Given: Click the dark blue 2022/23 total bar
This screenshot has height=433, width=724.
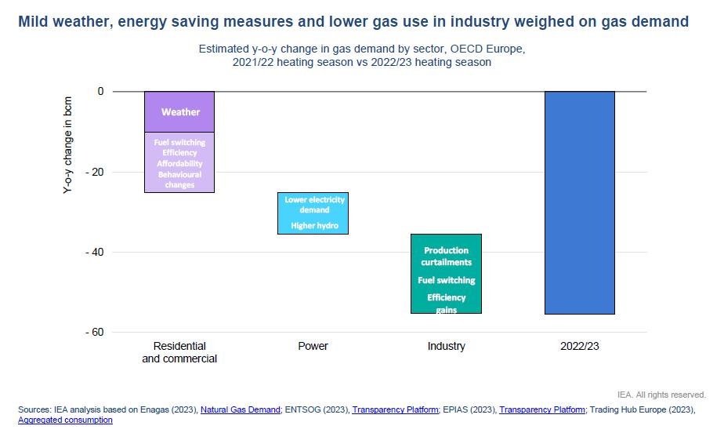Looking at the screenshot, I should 579,202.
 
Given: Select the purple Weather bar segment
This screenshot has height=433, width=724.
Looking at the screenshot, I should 179,111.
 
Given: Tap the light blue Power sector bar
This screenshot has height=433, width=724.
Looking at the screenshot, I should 313,213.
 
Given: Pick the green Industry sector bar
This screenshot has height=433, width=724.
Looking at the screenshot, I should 446,273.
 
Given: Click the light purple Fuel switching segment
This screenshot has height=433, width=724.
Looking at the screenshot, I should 179,162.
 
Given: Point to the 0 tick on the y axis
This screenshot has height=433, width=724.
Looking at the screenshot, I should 100,92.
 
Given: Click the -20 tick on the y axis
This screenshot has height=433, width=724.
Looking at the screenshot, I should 96,172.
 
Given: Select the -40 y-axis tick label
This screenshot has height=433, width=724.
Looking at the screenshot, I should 96,252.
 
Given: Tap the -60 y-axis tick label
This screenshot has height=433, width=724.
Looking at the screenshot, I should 96,332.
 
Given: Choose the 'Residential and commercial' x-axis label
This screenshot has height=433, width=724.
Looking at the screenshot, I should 179,352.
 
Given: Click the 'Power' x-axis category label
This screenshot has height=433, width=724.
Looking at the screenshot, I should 313,346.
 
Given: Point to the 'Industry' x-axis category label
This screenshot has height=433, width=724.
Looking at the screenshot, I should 446,346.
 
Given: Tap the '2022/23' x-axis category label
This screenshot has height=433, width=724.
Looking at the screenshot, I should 579,346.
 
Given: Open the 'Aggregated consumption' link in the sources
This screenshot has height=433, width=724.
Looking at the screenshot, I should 65,420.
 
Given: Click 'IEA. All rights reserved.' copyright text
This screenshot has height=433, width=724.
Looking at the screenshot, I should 661,395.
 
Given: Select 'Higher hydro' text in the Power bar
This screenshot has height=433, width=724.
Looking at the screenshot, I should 313,226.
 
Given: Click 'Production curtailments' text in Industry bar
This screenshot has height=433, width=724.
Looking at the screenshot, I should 446,256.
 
